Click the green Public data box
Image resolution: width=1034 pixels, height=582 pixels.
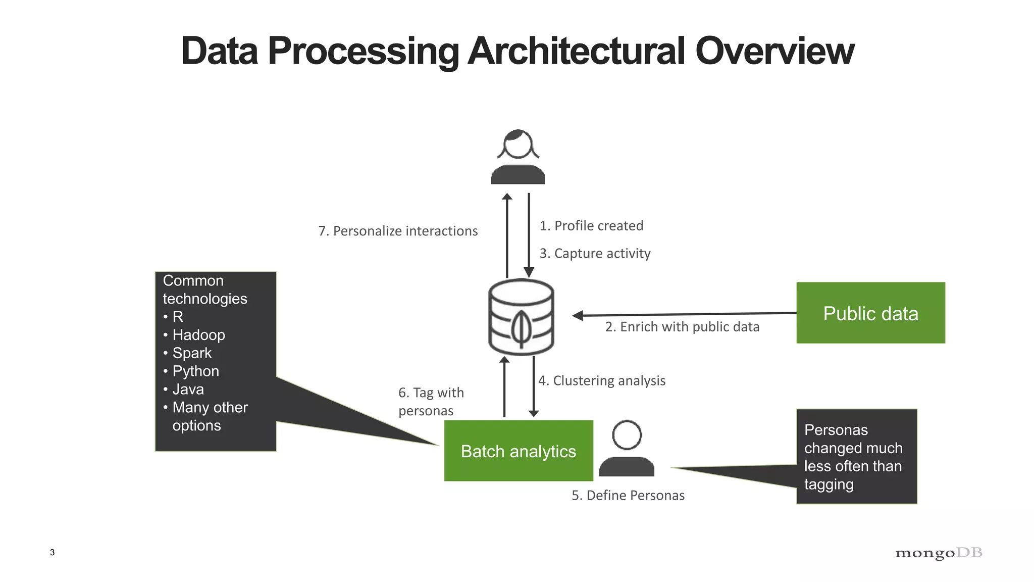pyautogui.click(x=870, y=313)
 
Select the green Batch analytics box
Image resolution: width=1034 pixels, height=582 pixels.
pyautogui.click(x=518, y=451)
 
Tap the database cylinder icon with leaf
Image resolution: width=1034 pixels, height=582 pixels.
pyautogui.click(x=521, y=317)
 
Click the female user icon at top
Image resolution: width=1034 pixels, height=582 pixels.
pyautogui.click(x=518, y=157)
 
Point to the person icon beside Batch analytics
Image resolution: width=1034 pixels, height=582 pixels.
pyautogui.click(x=627, y=449)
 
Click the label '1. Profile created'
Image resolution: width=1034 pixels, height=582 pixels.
pyautogui.click(x=591, y=226)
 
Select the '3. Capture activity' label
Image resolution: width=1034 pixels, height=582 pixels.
pyautogui.click(x=594, y=253)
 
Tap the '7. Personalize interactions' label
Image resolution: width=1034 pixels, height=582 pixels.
pyautogui.click(x=398, y=231)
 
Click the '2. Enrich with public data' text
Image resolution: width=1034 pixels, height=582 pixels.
pyautogui.click(x=682, y=327)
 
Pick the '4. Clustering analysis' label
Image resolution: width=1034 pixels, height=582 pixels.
pyautogui.click(x=601, y=380)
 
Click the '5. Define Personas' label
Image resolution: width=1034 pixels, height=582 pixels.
pyautogui.click(x=628, y=495)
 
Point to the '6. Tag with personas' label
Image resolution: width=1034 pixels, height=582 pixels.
pyautogui.click(x=431, y=402)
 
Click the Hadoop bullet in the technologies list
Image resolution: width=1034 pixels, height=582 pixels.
pyautogui.click(x=198, y=335)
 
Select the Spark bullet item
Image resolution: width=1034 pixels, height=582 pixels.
pyautogui.click(x=192, y=353)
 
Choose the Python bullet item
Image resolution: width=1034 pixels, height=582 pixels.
pyautogui.click(x=195, y=371)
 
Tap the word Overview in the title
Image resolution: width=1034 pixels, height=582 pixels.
pyautogui.click(x=774, y=51)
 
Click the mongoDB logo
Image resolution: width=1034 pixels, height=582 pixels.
pyautogui.click(x=938, y=553)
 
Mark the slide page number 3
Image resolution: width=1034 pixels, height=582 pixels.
pyautogui.click(x=52, y=552)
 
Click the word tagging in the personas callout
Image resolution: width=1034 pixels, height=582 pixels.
pyautogui.click(x=829, y=484)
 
